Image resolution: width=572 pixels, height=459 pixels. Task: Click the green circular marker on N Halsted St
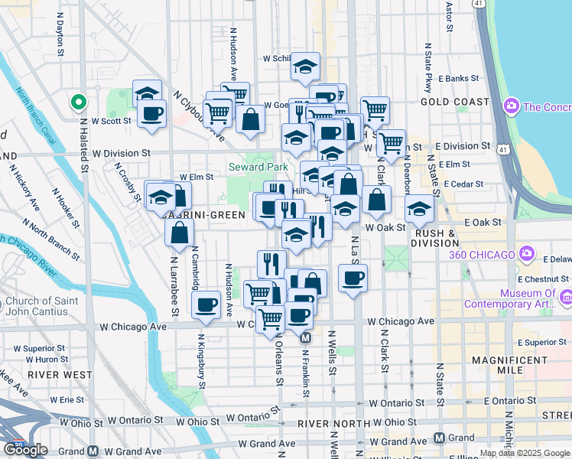tap(78, 102)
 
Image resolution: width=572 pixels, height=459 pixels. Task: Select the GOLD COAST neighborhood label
tap(455, 102)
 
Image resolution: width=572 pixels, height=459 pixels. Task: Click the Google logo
tap(25, 450)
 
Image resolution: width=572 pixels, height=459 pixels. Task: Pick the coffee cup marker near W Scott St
tap(151, 113)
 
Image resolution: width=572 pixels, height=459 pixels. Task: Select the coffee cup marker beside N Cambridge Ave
tap(205, 306)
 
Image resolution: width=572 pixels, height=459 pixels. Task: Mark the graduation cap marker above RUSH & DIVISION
tap(419, 208)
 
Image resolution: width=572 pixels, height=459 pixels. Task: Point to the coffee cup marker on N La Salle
tap(353, 278)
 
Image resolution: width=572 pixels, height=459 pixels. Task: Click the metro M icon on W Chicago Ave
tap(305, 337)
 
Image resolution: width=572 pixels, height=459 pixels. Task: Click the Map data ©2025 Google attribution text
tap(524, 453)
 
